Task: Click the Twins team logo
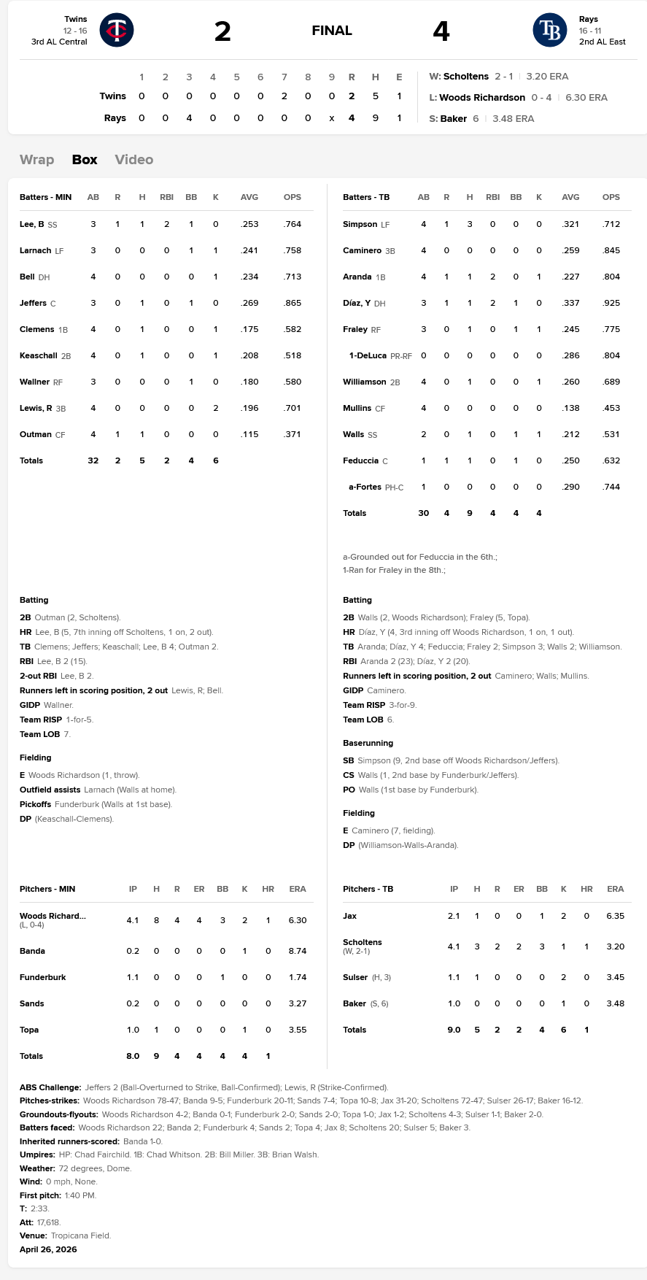pyautogui.click(x=117, y=30)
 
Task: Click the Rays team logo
pyautogui.click(x=549, y=30)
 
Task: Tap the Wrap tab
pyautogui.click(x=36, y=160)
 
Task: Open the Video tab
pyautogui.click(x=133, y=160)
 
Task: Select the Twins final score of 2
pyautogui.click(x=222, y=31)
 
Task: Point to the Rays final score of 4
pyautogui.click(x=441, y=31)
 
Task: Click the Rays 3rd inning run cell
pyautogui.click(x=189, y=118)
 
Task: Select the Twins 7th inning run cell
pyautogui.click(x=284, y=96)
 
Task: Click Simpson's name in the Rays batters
pyautogui.click(x=360, y=224)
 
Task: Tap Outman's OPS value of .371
pyautogui.click(x=292, y=434)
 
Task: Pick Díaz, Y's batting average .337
pyautogui.click(x=570, y=303)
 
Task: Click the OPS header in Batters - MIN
pyautogui.click(x=292, y=197)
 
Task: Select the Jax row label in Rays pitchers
pyautogui.click(x=349, y=916)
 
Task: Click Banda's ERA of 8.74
pyautogui.click(x=297, y=951)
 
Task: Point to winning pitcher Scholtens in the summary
pyautogui.click(x=465, y=77)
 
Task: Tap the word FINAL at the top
pyautogui.click(x=332, y=31)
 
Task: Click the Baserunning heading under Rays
pyautogui.click(x=368, y=743)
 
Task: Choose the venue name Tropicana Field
pyautogui.click(x=80, y=1235)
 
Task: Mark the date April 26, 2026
pyautogui.click(x=48, y=1249)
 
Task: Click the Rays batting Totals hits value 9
pyautogui.click(x=470, y=513)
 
